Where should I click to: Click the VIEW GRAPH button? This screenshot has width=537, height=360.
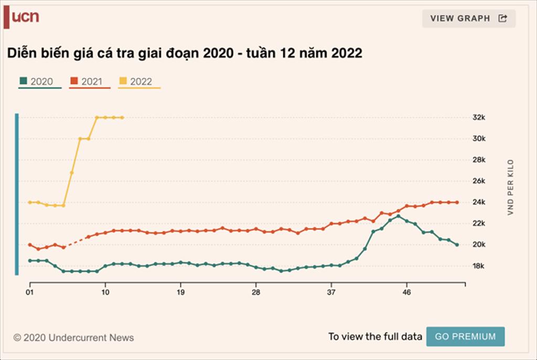point(468,18)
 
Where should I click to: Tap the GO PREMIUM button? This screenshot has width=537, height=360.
point(465,336)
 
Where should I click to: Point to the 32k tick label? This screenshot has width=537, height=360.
point(479,117)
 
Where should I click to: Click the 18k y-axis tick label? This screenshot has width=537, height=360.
point(479,266)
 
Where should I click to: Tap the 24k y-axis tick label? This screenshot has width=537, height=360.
point(479,202)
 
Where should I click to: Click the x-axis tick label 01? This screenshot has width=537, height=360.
point(30,291)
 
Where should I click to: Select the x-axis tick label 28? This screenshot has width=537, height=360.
point(256,291)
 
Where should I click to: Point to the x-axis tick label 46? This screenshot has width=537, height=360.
point(406,291)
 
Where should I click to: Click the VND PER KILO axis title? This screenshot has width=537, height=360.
point(510,188)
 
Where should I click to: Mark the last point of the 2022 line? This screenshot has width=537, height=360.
point(122,117)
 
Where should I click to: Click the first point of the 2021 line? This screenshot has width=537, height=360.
point(30,245)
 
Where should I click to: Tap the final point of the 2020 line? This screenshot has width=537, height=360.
point(457,245)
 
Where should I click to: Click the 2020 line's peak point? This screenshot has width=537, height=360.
point(398,216)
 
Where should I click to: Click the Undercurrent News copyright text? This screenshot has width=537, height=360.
point(73,338)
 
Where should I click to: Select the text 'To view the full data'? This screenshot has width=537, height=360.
point(375,336)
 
